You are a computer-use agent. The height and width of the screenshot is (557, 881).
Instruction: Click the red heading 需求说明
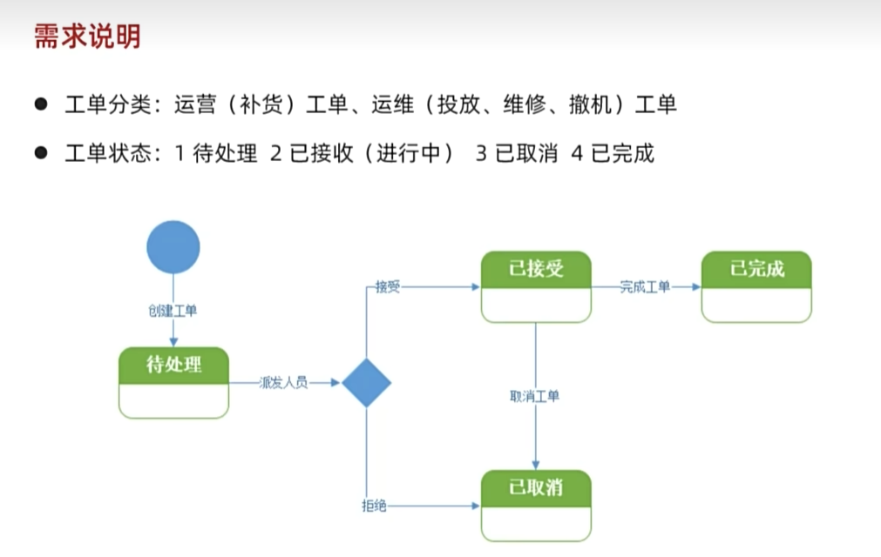(87, 37)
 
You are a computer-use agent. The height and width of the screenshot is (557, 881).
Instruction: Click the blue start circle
(173, 247)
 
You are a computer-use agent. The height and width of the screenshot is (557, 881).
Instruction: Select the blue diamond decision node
(366, 383)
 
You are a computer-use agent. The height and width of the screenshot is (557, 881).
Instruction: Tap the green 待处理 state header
(173, 366)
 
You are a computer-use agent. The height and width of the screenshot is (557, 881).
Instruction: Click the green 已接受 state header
(536, 269)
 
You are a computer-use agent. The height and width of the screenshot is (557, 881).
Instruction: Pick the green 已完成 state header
(756, 269)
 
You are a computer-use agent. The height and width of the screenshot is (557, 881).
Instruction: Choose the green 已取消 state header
(536, 488)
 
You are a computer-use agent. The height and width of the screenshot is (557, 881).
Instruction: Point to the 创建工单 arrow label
(173, 311)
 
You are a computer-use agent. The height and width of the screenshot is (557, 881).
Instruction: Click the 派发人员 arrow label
(284, 383)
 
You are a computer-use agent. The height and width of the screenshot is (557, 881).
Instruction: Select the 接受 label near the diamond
(388, 287)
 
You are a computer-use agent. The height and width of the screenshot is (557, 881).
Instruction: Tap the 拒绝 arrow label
(374, 506)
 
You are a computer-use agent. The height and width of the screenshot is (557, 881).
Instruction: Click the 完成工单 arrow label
(645, 287)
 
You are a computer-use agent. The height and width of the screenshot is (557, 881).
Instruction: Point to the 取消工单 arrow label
(534, 396)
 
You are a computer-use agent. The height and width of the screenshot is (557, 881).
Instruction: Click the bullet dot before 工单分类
(41, 104)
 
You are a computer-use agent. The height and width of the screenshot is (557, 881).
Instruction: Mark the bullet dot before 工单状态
(41, 152)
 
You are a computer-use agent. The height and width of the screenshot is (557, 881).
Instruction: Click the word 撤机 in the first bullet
(590, 104)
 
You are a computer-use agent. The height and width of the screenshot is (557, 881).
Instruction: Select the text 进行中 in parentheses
(409, 153)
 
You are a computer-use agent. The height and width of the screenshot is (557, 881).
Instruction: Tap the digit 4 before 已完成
(577, 153)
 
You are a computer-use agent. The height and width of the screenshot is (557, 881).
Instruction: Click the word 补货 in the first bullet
(261, 104)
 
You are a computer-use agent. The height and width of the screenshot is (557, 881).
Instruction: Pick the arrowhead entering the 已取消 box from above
(535, 465)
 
